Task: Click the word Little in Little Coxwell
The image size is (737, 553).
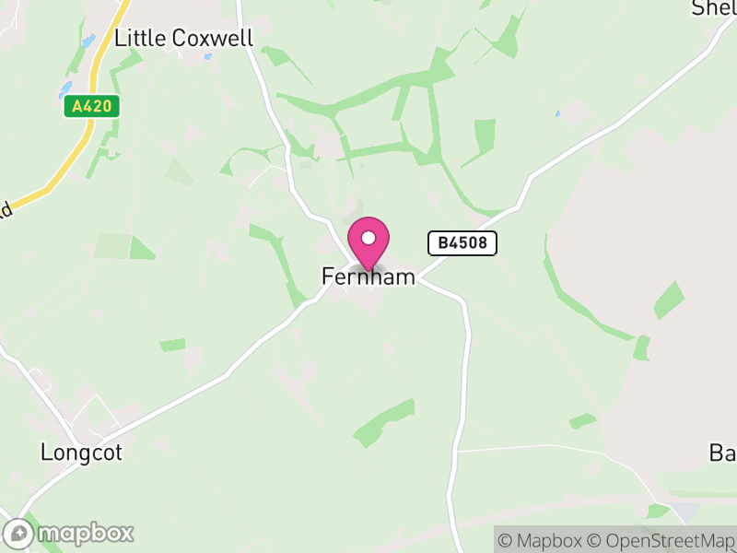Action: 140,39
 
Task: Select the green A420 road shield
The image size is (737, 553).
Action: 92,106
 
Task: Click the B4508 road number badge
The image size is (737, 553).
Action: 462,243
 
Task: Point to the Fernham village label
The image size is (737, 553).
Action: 368,276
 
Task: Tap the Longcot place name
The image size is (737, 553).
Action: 81,453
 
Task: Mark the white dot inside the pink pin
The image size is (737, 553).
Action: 368,238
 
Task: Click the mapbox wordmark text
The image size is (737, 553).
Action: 85,533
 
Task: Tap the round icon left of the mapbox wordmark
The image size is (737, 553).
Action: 18,534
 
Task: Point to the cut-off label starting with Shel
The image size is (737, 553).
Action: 714,8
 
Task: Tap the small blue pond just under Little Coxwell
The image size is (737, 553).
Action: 208,57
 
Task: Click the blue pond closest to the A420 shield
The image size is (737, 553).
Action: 65,89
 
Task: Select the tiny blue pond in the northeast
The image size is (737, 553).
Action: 557,114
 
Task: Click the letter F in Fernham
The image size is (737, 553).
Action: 327,276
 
